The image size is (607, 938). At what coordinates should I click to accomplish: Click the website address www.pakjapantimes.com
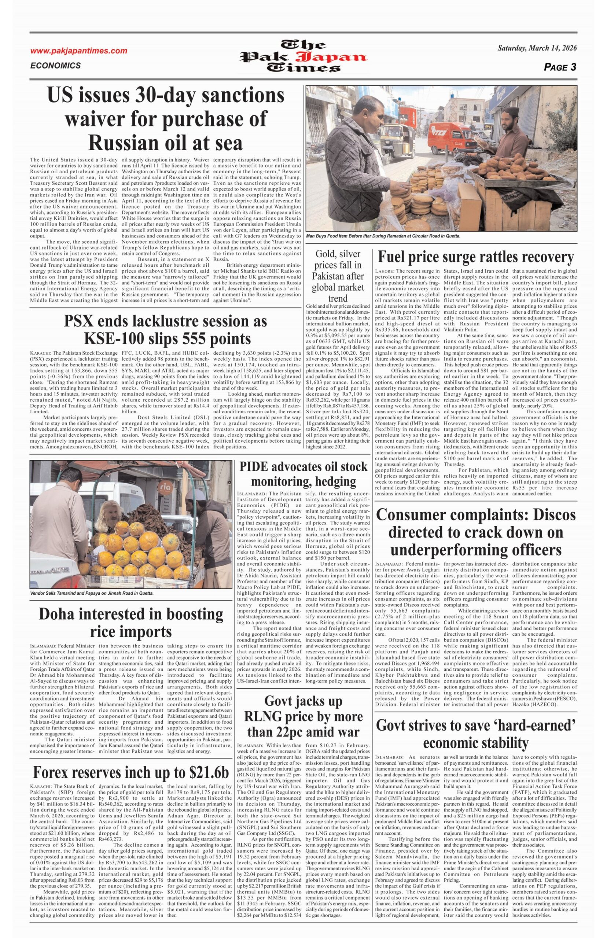(x=79, y=51)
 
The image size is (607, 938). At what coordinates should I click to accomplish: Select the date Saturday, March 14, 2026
(x=537, y=48)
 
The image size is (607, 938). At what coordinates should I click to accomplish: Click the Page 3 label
(x=560, y=67)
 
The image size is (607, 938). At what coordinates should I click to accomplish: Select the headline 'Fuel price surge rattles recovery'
(x=476, y=257)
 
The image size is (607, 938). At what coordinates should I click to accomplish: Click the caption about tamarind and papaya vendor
(x=91, y=593)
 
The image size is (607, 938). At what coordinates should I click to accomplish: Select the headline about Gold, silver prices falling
(x=337, y=276)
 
